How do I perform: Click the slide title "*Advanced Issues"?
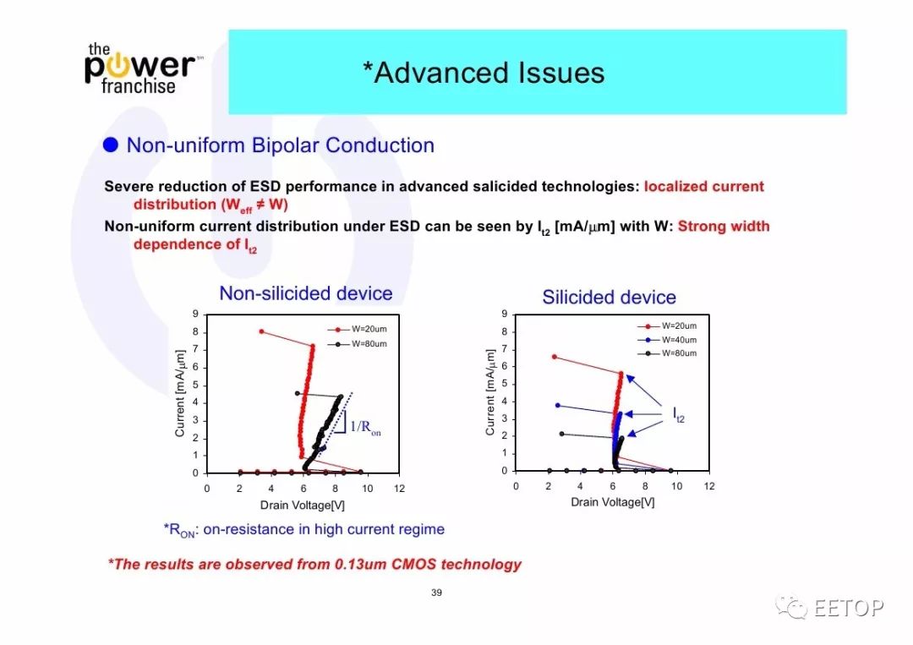tap(484, 73)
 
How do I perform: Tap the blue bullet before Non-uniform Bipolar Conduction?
tap(111, 145)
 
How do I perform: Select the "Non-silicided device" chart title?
tap(306, 293)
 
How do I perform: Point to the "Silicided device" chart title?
tap(609, 298)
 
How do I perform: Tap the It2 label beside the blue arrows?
tap(679, 414)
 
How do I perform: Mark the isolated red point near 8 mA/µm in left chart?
tap(261, 332)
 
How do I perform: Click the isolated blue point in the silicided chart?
tap(558, 405)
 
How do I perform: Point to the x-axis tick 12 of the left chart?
tap(399, 489)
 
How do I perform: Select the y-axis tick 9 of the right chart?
tap(504, 314)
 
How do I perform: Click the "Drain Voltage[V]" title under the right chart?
tap(613, 502)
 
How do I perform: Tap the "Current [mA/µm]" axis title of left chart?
tap(180, 393)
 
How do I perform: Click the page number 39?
tap(437, 593)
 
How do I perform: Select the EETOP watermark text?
tap(849, 608)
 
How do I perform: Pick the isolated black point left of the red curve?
tap(297, 394)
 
